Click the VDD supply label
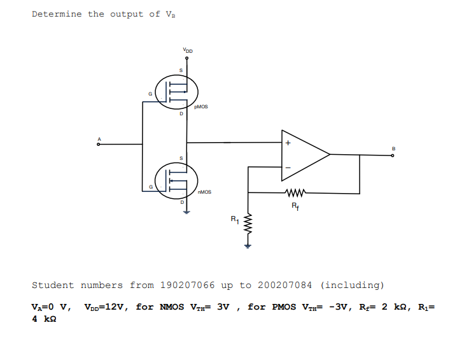pyautogui.click(x=187, y=50)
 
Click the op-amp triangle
pyautogui.click(x=304, y=154)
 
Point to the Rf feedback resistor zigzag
pyautogui.click(x=296, y=191)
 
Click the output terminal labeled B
pyautogui.click(x=393, y=154)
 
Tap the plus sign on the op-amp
pyautogui.click(x=288, y=143)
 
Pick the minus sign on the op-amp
pyautogui.click(x=288, y=168)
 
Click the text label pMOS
pyautogui.click(x=201, y=107)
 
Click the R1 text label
pyautogui.click(x=234, y=220)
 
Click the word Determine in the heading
pyautogui.click(x=57, y=14)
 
